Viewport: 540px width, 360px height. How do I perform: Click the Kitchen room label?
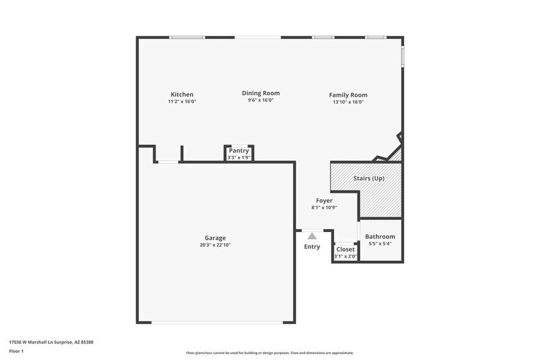pos(182,94)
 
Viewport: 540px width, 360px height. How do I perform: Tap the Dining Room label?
pos(260,93)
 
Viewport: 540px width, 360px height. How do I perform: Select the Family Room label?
pos(348,95)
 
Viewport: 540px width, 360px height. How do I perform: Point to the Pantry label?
pos(238,151)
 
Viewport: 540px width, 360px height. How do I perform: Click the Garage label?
pos(215,238)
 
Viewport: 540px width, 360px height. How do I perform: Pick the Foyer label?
pos(324,200)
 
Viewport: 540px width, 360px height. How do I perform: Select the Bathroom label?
pos(380,236)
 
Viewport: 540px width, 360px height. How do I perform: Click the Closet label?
pos(345,249)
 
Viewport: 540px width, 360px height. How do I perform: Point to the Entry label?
pos(312,247)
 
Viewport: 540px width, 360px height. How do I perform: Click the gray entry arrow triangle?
pos(312,236)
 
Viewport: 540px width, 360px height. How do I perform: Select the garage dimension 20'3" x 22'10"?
pos(215,245)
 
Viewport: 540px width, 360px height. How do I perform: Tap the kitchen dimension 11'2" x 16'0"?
pos(182,102)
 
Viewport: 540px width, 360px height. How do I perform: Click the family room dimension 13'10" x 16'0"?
pos(348,102)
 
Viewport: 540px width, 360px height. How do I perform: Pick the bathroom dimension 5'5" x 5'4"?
pos(380,244)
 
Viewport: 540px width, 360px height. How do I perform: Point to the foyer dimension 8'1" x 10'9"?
pos(324,208)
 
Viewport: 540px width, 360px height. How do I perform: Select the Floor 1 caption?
pos(16,351)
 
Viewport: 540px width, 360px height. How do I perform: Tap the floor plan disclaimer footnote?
pos(269,353)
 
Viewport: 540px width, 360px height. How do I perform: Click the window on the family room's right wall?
pos(402,56)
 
